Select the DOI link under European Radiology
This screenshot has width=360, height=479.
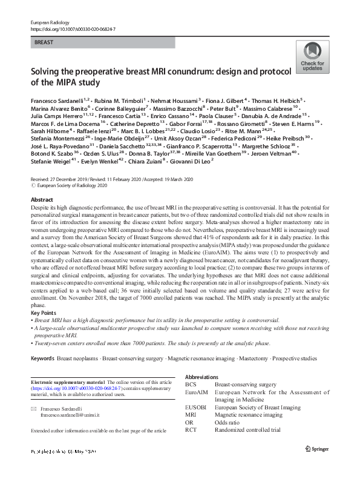click(72, 28)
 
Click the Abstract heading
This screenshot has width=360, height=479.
click(41, 199)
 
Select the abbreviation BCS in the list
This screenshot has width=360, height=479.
click(191, 385)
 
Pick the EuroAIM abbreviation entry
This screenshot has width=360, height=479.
click(195, 392)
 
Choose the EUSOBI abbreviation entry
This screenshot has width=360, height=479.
click(195, 408)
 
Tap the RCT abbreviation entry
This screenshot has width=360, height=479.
click(191, 430)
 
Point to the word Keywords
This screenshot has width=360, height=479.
click(42, 359)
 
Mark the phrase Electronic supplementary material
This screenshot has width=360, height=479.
click(67, 383)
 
